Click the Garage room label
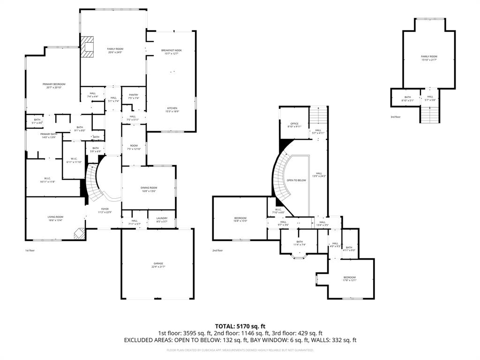pyautogui.click(x=158, y=265)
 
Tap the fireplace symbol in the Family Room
pyautogui.click(x=86, y=47)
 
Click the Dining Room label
pyautogui.click(x=149, y=189)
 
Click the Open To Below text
pyautogui.click(x=296, y=180)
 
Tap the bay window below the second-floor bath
pyautogui.click(x=298, y=255)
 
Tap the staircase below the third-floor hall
pyautogui.click(x=430, y=114)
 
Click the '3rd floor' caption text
pyautogui.click(x=395, y=117)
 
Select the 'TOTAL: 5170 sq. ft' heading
pyautogui.click(x=240, y=326)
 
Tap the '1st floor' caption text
pyautogui.click(x=30, y=251)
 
